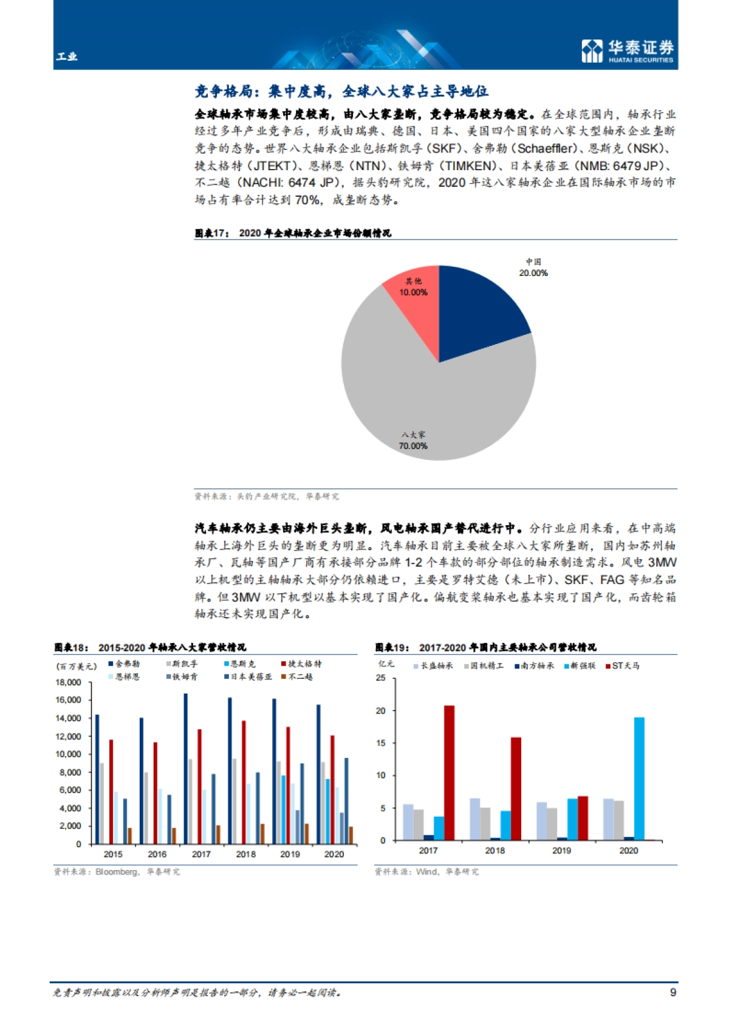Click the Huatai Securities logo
point(628,50)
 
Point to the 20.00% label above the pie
point(533,273)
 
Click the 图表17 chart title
point(293,233)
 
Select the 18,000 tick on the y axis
point(68,683)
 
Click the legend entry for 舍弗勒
point(124,664)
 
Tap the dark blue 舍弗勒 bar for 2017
point(185,769)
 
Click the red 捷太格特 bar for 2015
point(111,791)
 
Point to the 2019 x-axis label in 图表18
point(290,854)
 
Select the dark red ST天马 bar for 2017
point(449,772)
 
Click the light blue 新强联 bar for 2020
point(639,779)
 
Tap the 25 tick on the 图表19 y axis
point(381,678)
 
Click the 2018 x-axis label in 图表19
point(495,850)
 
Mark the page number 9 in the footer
point(673,992)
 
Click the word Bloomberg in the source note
point(117,872)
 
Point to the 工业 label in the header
point(67,57)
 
